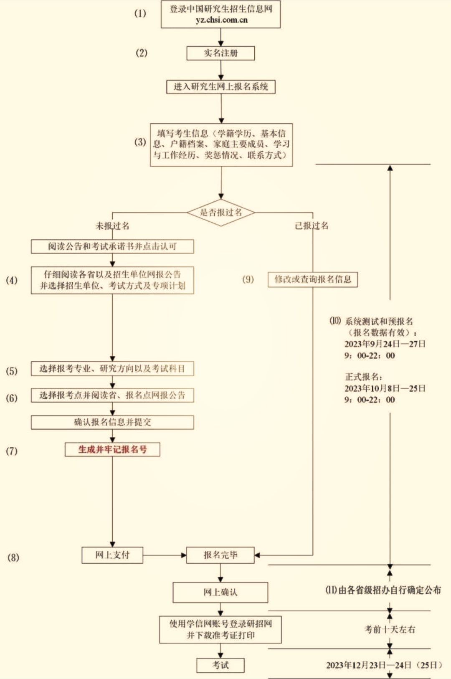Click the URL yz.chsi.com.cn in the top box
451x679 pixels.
pos(221,20)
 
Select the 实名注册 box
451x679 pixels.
pos(220,53)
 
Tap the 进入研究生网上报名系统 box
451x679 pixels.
pos(220,86)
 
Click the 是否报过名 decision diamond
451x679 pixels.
pos(220,212)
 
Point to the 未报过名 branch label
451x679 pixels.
pos(112,226)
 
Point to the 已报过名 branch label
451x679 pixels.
pos(312,225)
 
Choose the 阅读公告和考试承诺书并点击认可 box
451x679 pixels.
pos(112,246)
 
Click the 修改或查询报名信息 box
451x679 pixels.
pos(313,279)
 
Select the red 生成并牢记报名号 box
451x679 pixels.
pos(112,449)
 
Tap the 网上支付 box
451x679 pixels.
pos(112,555)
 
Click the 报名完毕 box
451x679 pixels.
pos(220,555)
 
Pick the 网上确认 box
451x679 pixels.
pos(220,592)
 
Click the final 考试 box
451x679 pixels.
pos(220,665)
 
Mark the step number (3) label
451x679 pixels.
pos(140,142)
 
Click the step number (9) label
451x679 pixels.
pos(248,279)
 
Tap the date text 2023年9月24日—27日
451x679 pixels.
pos(385,344)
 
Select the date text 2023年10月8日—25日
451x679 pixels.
pos(385,388)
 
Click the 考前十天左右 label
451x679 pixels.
pos(390,629)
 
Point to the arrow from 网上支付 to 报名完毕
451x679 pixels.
pos(165,555)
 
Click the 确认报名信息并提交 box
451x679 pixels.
pos(112,422)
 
